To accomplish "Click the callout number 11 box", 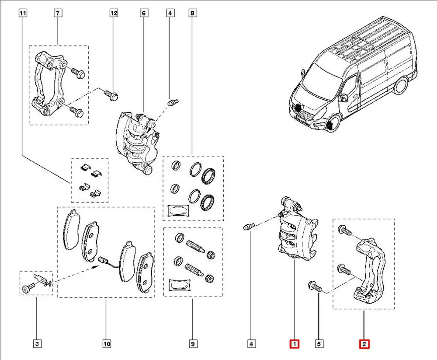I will point(23,14).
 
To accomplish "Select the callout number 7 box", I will point(57,14).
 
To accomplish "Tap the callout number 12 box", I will point(114,14).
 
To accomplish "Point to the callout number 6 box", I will point(143,14).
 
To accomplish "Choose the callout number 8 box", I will point(192,14).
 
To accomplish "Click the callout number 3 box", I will point(37,344).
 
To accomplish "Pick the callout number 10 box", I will point(107,344).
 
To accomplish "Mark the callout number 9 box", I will point(192,344).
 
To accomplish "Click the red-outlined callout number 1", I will point(295,344).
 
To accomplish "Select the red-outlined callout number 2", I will point(364,344).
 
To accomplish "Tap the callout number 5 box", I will point(320,344).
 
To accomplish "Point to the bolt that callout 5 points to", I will point(315,287).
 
